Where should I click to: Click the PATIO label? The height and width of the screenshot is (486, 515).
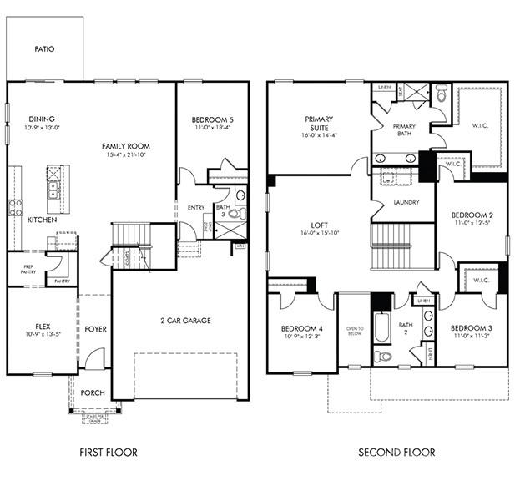(x=44, y=49)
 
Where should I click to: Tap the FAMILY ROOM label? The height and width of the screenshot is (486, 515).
(x=126, y=146)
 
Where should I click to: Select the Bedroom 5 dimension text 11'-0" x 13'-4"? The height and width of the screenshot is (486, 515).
(x=212, y=129)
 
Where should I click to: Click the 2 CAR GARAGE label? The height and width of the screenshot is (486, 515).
(x=184, y=320)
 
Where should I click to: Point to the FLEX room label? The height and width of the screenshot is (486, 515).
(x=43, y=327)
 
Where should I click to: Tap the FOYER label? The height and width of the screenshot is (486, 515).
(x=95, y=329)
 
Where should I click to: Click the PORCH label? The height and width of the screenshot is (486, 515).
(x=92, y=392)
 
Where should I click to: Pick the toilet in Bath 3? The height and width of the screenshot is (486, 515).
(x=235, y=214)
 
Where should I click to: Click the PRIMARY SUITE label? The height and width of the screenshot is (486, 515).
(x=319, y=123)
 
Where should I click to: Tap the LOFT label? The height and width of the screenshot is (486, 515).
(x=318, y=223)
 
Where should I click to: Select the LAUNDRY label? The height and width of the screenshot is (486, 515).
(x=406, y=202)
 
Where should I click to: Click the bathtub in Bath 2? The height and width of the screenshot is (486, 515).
(x=380, y=327)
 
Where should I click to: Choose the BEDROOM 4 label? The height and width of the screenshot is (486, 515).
(x=301, y=327)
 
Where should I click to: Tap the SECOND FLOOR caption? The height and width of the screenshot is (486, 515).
(x=396, y=453)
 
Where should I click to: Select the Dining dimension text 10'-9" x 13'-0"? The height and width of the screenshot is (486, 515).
(x=43, y=129)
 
